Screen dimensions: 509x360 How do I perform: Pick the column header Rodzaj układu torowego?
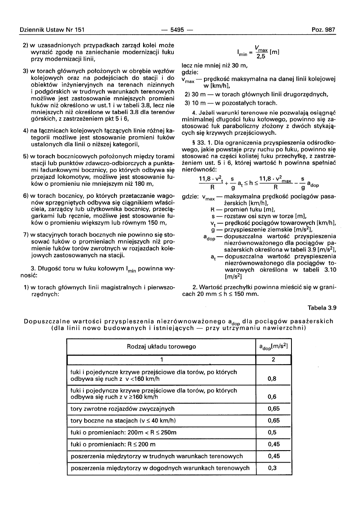coord(161,347)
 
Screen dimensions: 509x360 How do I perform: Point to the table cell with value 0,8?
coord(273,378)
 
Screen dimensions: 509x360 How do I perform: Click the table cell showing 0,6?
coord(273,397)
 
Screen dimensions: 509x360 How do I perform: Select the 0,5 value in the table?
coord(273,432)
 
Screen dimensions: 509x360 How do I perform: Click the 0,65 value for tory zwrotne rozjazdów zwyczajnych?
coord(273,409)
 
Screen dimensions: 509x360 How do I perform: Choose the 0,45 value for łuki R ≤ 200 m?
coord(273,444)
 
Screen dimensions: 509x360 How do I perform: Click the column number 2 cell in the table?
coord(273,360)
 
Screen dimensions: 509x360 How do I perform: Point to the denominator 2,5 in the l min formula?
coord(261,56)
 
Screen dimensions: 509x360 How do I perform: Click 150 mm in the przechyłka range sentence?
coord(246,293)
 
